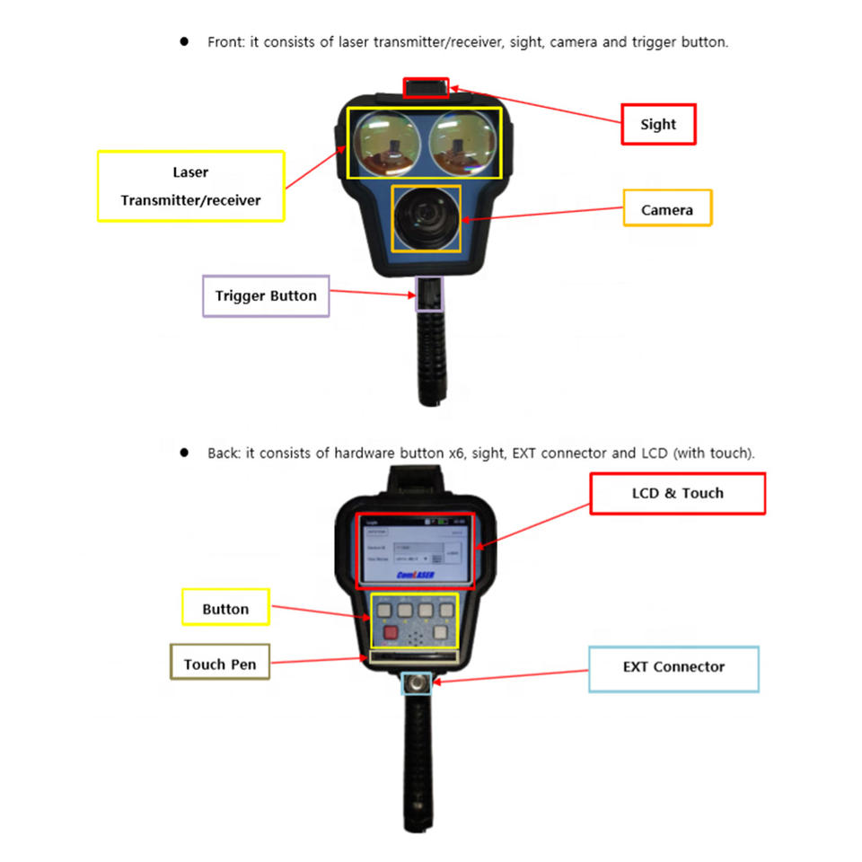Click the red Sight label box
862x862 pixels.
[659, 125]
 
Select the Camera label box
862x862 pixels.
[667, 209]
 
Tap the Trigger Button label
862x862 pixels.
[266, 295]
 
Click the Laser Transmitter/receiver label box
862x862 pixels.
[190, 186]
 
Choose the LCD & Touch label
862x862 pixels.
[677, 493]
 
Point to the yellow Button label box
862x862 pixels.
[225, 609]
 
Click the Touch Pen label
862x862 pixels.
[220, 664]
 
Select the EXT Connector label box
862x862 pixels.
[673, 667]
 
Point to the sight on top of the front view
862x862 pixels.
[426, 88]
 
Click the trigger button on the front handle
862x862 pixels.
[427, 294]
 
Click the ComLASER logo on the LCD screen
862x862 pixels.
[415, 576]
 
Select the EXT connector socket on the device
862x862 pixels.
[416, 683]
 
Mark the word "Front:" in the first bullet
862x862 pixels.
[224, 42]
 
